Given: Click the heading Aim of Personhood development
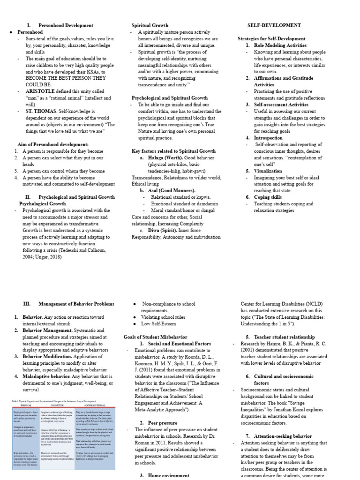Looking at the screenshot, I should pyautogui.click(x=53, y=144).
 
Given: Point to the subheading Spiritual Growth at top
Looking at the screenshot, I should pyautogui.click(x=150, y=25).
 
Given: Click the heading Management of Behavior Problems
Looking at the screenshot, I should pyautogui.click(x=76, y=304).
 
